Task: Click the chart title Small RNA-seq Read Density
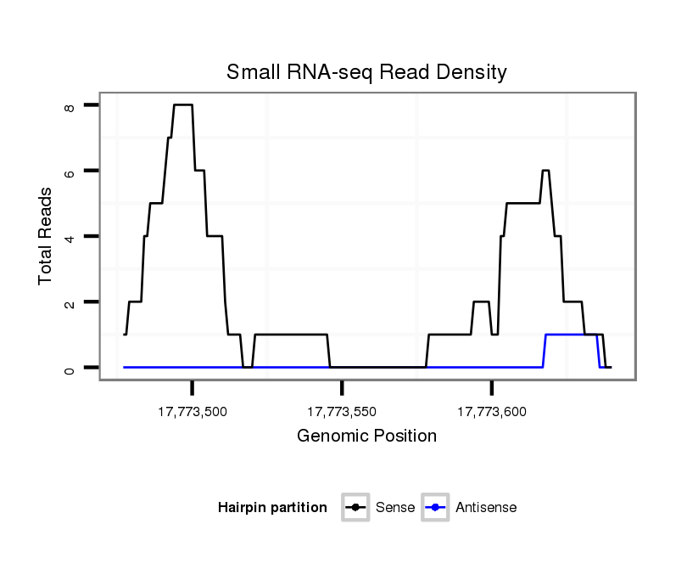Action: (x=366, y=72)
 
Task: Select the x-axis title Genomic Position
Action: (x=366, y=437)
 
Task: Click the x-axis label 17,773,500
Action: (x=193, y=412)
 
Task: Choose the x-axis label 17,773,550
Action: (x=342, y=412)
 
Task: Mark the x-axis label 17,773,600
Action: (x=492, y=412)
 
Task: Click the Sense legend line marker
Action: (x=355, y=508)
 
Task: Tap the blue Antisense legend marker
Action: (x=434, y=508)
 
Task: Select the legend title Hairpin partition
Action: (x=272, y=508)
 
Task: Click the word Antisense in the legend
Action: (x=486, y=508)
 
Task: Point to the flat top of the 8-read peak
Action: (x=183, y=104)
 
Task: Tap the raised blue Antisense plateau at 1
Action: (x=572, y=335)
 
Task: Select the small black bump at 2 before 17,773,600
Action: (x=481, y=301)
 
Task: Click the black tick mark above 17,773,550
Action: (x=342, y=388)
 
